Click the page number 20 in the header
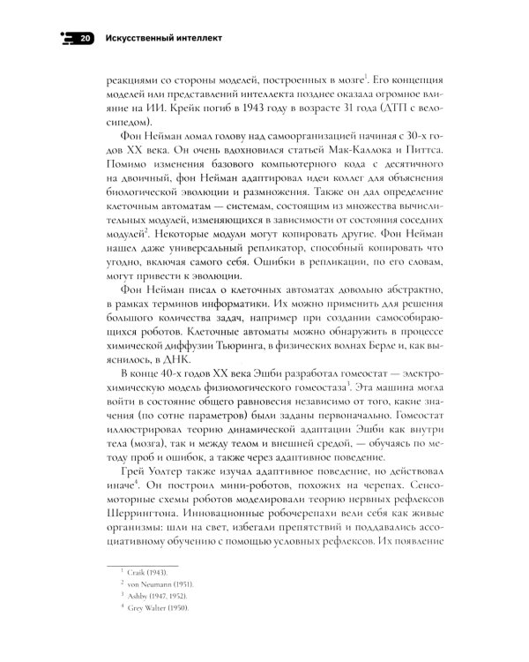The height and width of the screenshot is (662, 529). pyautogui.click(x=83, y=39)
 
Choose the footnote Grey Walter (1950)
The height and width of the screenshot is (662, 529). pyautogui.click(x=142, y=614)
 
